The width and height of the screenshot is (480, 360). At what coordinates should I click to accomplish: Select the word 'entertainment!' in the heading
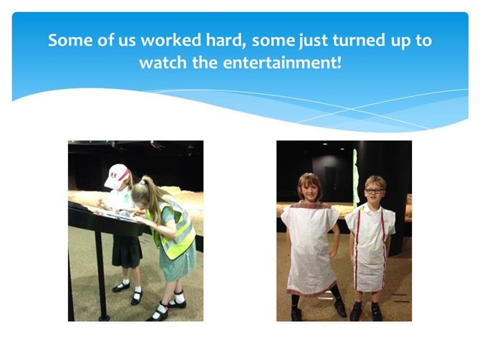coord(282,63)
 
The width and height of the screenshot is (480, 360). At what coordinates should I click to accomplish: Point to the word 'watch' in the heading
coord(163,63)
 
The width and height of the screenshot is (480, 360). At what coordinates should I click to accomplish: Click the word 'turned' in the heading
coord(359,40)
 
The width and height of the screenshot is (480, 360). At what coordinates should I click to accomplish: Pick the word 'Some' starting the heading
coord(70,40)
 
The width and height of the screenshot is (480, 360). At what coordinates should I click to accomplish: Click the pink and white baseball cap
coord(117,176)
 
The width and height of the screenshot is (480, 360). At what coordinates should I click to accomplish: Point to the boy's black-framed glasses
coord(374,191)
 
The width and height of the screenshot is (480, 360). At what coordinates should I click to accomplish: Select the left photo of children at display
coord(135,231)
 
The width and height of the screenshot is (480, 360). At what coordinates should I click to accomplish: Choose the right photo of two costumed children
coord(344,231)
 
